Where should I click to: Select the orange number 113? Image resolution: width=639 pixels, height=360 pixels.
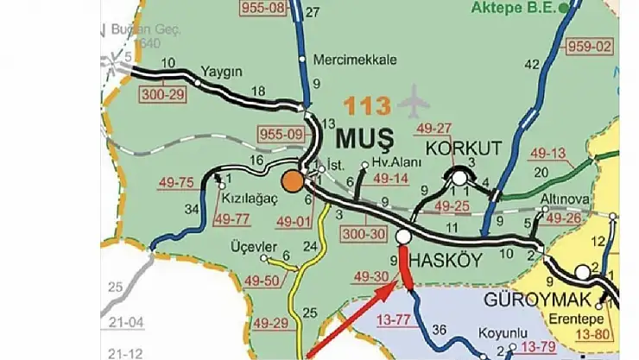(x=369, y=106)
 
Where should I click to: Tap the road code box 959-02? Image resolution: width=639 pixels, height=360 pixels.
(x=589, y=46)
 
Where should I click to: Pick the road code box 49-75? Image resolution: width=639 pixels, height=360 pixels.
(x=177, y=182)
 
